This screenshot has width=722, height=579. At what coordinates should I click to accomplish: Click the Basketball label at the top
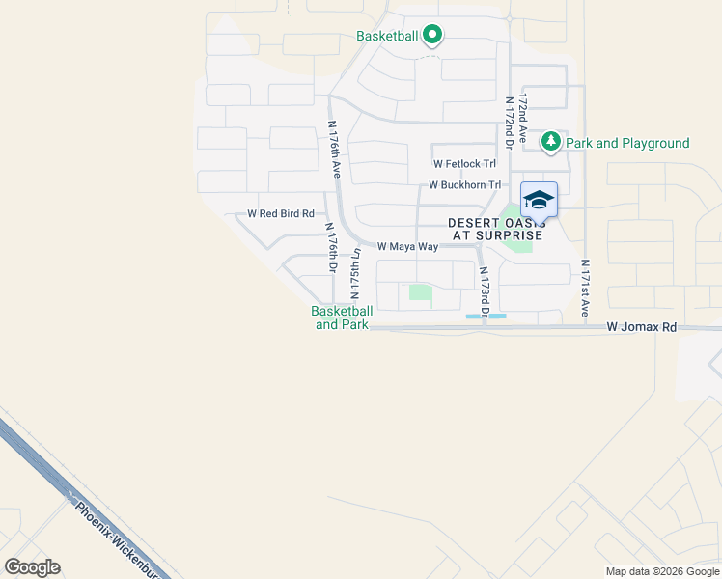coord(386,36)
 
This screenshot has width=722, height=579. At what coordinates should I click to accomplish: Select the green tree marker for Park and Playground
coord(550,143)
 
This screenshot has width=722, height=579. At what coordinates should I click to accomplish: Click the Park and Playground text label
coord(627,144)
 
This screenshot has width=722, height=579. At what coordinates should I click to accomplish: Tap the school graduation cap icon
coord(539,201)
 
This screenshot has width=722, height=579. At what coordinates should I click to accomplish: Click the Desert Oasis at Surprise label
coord(496,230)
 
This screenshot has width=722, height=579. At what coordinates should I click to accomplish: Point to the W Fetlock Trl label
coord(464,164)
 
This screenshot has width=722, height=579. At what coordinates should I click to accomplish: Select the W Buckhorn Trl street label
coord(465,184)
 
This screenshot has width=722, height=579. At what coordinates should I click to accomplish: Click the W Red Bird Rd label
coord(281,213)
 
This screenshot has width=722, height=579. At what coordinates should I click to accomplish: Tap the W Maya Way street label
coord(407,247)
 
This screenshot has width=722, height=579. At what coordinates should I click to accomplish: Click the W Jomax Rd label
coord(642,328)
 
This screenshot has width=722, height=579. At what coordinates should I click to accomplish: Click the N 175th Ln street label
coord(355,274)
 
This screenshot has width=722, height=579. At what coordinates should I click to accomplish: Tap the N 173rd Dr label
coord(484,289)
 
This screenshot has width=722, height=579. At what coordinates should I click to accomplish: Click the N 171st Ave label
coord(585,288)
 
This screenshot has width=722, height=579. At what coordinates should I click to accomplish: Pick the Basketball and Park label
coord(342,317)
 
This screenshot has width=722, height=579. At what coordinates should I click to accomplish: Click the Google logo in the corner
coord(32,567)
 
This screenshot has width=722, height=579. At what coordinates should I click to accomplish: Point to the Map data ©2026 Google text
coord(661,571)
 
